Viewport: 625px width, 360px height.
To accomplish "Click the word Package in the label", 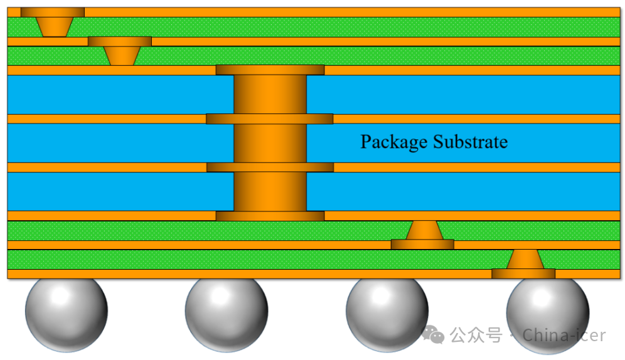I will (x=393, y=142).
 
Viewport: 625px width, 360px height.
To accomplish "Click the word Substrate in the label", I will (x=470, y=142).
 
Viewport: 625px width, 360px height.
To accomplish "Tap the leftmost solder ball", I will (x=67, y=312).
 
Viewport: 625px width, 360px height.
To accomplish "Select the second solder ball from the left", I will (x=227, y=312).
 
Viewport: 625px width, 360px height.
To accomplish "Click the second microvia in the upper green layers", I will (x=120, y=55).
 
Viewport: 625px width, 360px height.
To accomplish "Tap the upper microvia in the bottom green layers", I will (x=424, y=230).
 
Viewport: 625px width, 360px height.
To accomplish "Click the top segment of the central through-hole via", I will (x=270, y=94).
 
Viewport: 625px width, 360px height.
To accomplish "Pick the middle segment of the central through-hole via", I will (x=270, y=143).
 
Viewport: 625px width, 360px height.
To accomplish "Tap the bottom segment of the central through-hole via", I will (x=270, y=191).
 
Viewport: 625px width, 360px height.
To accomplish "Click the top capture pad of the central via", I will (x=270, y=70).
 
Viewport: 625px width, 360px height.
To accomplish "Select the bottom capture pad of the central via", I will (x=270, y=216).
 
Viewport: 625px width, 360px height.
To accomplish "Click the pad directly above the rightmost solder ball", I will (x=523, y=273).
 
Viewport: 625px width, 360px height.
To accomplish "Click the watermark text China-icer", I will (x=564, y=336).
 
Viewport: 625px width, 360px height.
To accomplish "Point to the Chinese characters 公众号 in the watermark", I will (x=476, y=336).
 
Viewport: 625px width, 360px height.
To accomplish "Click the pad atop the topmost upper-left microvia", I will (x=53, y=12).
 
